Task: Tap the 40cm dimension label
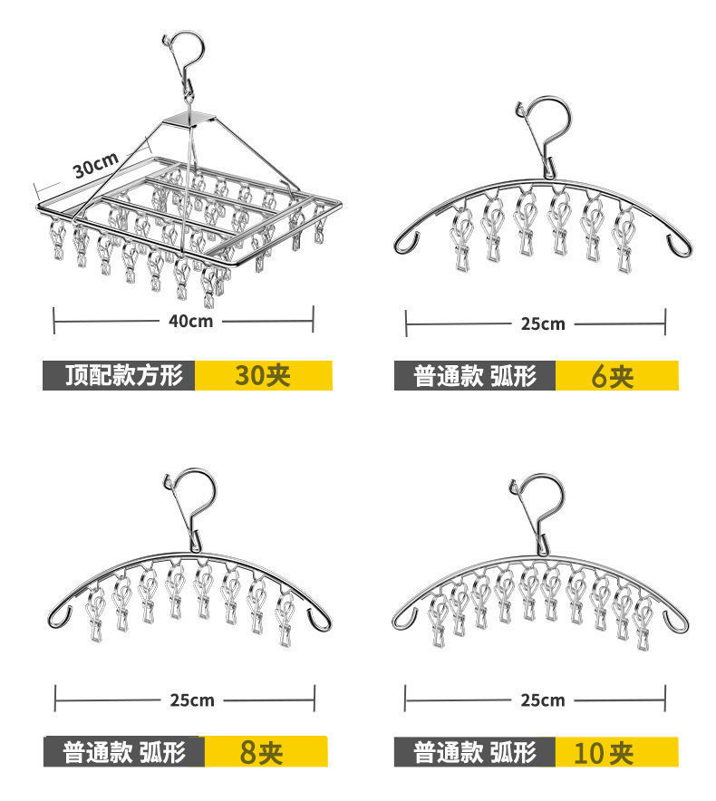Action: pos(189,320)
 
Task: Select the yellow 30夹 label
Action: pos(263,375)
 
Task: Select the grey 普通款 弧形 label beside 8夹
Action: pos(124,751)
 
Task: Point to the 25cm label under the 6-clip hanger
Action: pos(541,323)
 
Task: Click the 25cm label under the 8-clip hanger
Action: pos(191,700)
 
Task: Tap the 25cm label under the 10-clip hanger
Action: pos(541,700)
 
